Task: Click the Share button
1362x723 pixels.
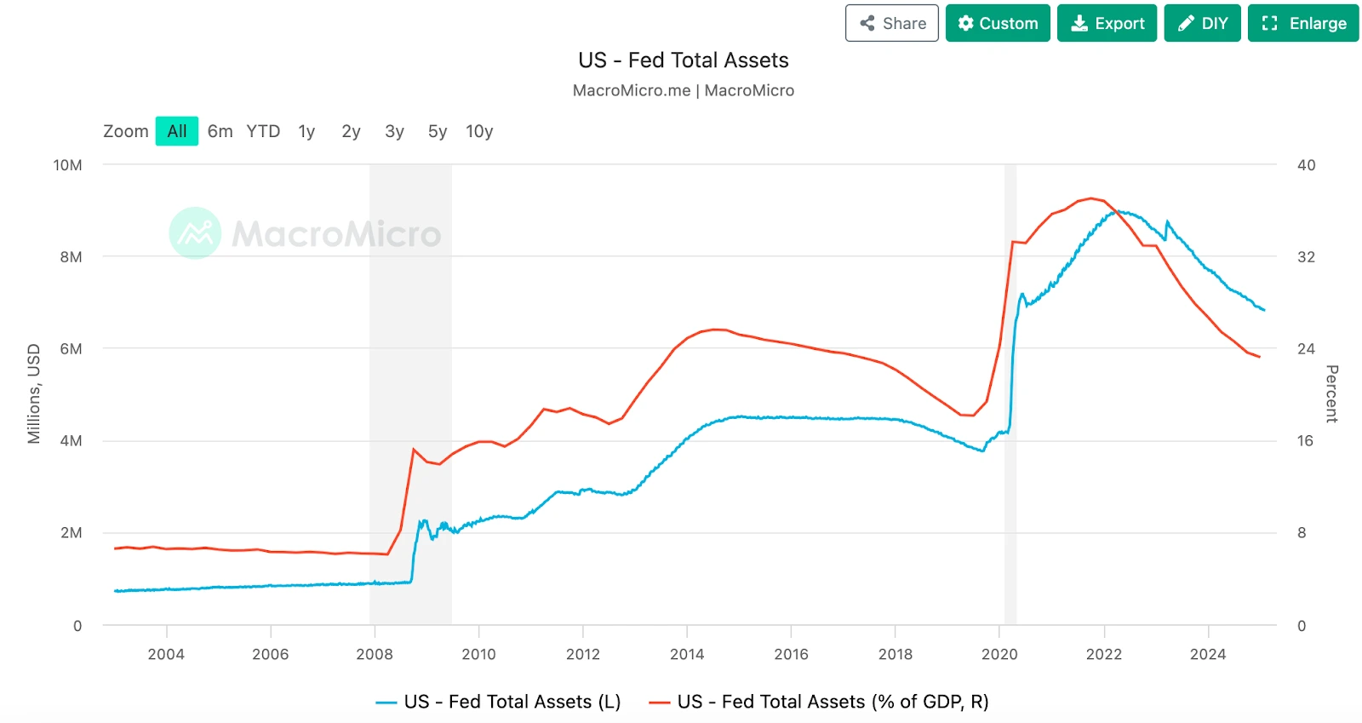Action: click(891, 23)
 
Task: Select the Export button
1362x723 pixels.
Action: click(1107, 23)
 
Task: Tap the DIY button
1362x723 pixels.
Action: click(1202, 23)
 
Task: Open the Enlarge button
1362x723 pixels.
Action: click(1303, 23)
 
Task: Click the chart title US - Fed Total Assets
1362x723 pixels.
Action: click(683, 60)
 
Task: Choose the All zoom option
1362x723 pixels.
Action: click(177, 131)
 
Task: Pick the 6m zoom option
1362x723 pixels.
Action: click(220, 131)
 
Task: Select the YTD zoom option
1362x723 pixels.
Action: click(263, 131)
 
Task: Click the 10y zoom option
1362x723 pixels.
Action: click(479, 131)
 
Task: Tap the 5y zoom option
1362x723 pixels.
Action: click(438, 131)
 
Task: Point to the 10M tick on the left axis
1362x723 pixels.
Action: click(68, 165)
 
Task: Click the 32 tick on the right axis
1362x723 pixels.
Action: click(1306, 257)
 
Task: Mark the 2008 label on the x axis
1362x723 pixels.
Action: click(375, 654)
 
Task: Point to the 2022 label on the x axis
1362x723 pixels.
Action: click(1104, 654)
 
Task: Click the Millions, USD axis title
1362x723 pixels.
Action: click(34, 393)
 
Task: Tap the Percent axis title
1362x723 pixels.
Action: click(1332, 393)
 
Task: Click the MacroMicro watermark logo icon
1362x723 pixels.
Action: click(195, 232)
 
